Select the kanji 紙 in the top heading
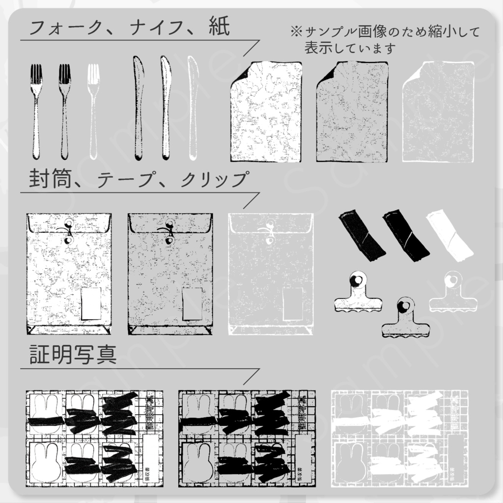click(x=218, y=28)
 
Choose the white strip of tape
click(x=449, y=236)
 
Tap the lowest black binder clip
click(x=405, y=319)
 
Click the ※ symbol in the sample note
click(x=296, y=32)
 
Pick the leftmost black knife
click(x=138, y=108)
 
